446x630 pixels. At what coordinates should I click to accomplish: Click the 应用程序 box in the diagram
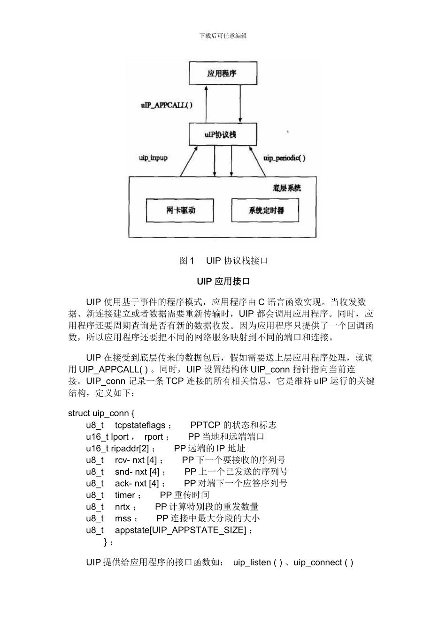[223, 73]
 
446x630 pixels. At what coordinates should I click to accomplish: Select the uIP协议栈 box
[223, 135]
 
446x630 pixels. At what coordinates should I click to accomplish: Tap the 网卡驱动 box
[180, 210]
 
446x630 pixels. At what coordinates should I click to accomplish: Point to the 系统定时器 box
[265, 210]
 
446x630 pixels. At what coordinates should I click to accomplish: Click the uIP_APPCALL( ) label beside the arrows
[166, 105]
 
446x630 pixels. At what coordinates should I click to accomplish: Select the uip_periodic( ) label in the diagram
[285, 158]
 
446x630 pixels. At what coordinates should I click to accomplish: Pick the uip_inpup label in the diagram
[153, 158]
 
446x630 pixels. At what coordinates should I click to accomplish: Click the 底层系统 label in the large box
[286, 188]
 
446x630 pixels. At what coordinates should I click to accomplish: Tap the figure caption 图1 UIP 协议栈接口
[223, 261]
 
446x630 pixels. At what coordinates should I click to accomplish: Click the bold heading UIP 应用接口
[223, 282]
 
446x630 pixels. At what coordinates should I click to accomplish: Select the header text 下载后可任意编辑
[223, 36]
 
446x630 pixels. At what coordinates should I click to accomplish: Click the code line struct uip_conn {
[101, 413]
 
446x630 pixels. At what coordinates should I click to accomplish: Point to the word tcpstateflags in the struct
[140, 425]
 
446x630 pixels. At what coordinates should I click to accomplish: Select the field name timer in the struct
[125, 495]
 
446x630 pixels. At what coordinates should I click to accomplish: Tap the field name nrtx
[123, 507]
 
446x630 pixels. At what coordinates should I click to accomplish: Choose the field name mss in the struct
[123, 518]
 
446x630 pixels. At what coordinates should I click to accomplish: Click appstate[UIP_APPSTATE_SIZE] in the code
[180, 530]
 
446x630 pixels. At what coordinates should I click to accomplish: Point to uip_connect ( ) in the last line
[323, 562]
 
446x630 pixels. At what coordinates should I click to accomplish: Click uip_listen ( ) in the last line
[258, 562]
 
